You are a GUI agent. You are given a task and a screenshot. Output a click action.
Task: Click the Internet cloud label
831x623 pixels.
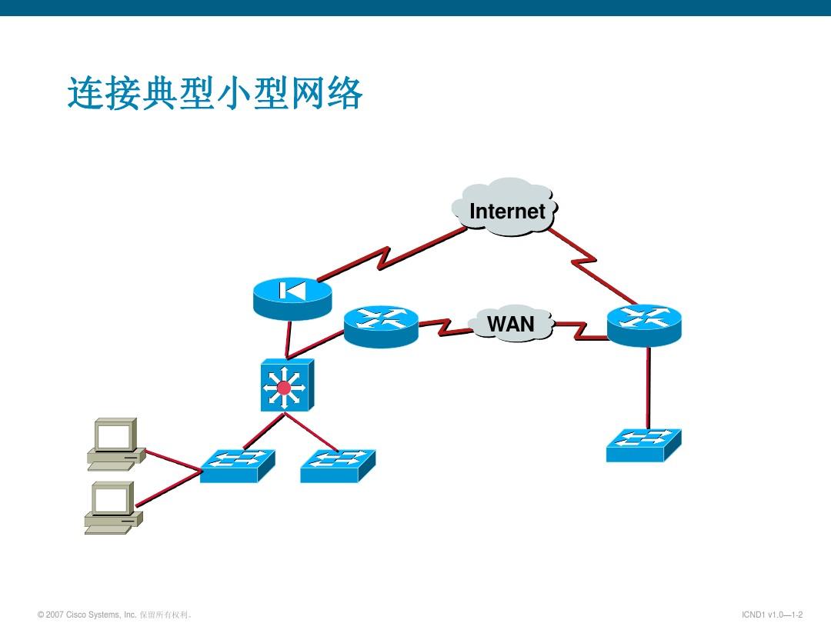pos(506,211)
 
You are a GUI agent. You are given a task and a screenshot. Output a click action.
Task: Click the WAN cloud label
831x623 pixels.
pos(511,325)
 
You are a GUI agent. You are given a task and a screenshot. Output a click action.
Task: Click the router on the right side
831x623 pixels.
pos(644,325)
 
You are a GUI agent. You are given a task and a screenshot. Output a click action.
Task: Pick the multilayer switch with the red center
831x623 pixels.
pos(285,385)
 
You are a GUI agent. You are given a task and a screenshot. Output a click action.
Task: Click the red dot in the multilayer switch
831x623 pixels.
pos(284,388)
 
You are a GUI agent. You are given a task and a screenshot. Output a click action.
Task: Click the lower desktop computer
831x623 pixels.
pos(112,508)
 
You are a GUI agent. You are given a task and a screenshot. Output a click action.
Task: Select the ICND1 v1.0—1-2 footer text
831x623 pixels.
pos(772,615)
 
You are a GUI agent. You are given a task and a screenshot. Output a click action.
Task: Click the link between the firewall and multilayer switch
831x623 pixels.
pos(289,338)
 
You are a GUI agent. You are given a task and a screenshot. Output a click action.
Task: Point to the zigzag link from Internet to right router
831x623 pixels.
pos(590,262)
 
